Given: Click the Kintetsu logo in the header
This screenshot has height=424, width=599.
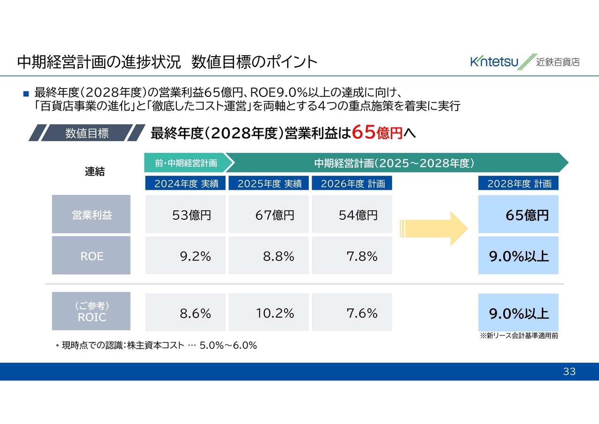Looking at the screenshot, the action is point(525,61).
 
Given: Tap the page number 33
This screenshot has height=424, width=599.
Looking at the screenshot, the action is point(570,371).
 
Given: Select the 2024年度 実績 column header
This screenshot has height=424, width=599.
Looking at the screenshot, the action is point(185,183).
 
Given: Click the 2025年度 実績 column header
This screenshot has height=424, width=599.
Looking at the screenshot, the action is point(269,183).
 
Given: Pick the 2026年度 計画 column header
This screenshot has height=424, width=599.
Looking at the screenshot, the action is point(352,183).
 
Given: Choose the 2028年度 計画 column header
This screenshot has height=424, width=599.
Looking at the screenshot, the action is point(518,183).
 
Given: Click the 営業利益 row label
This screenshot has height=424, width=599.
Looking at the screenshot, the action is point(91,214).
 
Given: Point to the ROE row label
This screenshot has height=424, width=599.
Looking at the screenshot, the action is point(91,255).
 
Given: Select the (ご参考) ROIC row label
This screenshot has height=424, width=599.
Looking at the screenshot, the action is point(91,311).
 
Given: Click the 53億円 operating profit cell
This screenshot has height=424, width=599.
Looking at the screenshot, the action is point(185,214).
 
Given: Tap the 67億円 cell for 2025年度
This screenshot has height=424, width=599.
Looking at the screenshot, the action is point(269,214).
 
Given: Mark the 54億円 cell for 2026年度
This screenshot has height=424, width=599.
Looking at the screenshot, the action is point(352,214).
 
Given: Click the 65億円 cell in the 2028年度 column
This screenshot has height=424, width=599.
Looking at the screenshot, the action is point(518,214).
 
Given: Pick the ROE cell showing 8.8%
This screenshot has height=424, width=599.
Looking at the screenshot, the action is point(269,255).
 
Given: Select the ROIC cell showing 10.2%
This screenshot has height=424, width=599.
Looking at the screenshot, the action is point(269,312).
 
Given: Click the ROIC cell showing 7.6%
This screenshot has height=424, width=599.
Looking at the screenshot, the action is point(352,312).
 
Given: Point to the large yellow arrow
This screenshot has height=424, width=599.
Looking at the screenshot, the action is point(434,229).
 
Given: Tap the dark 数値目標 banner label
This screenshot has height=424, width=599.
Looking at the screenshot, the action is point(87,133).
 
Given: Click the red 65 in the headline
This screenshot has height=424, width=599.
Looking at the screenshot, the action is point(364,132).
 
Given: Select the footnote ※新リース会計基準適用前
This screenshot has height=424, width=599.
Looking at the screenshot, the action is point(519,335).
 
